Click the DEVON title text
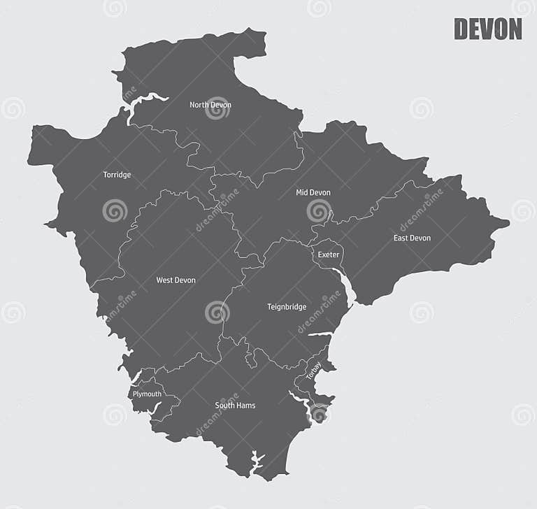(487, 29)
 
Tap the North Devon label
(210, 105)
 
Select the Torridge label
(117, 175)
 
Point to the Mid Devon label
(313, 192)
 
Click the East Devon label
(412, 238)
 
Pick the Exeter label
(328, 254)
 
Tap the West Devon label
(176, 280)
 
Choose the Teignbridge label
(287, 306)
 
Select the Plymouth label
(147, 394)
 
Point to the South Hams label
(235, 406)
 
